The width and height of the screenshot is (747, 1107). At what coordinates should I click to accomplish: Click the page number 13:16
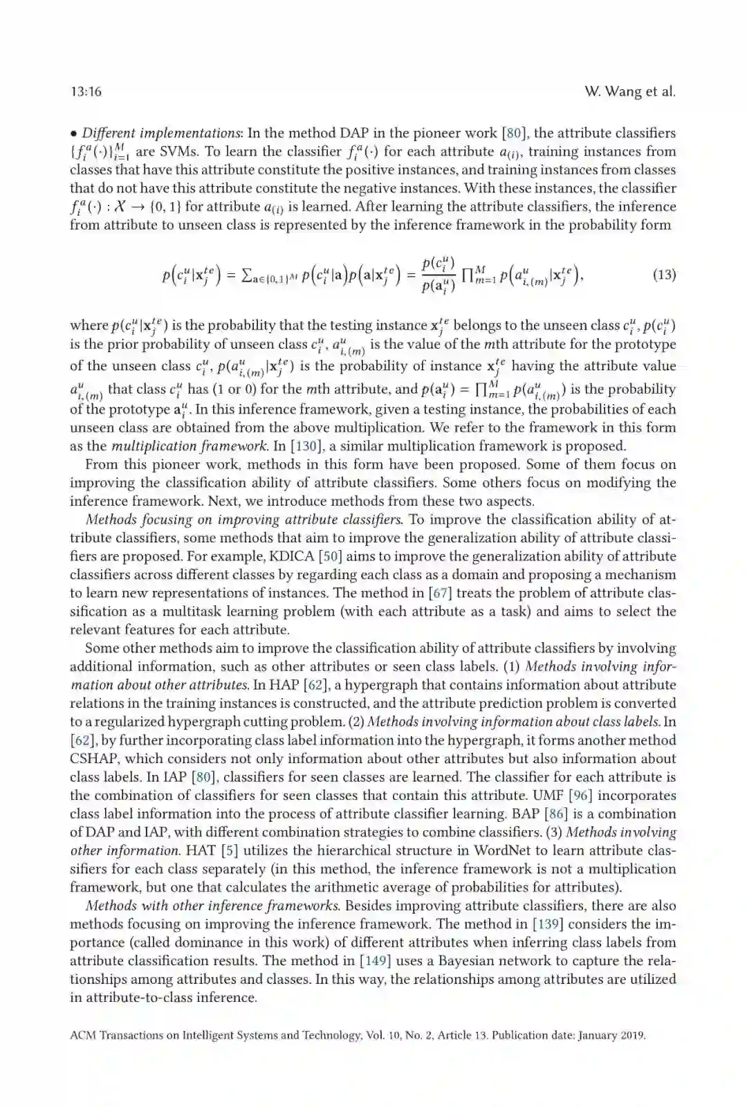coord(86,92)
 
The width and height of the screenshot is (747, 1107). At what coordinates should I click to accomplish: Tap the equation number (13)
coord(664,275)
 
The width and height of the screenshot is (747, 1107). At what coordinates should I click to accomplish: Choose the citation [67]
coord(440,593)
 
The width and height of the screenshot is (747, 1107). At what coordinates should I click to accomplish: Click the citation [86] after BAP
coord(555,814)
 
